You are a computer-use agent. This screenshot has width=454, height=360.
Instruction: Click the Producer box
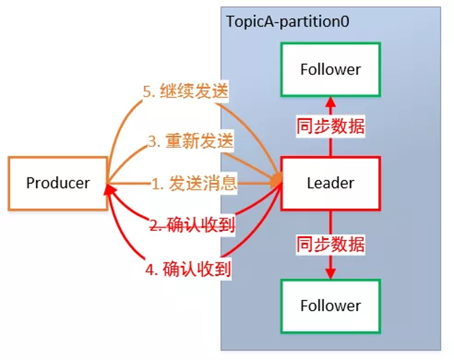[58, 183]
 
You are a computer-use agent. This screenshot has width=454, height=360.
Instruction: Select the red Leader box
[330, 183]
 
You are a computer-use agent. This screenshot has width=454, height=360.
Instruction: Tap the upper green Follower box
[330, 69]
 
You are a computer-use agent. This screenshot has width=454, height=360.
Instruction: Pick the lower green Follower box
[330, 305]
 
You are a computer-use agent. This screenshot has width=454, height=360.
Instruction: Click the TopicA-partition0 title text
[288, 21]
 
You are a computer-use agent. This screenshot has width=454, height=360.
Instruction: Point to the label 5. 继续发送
[185, 91]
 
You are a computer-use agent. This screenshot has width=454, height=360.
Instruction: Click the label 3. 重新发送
[190, 141]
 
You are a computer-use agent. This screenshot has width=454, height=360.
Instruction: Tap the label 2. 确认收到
[192, 225]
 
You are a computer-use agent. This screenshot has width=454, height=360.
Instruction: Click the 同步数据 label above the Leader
[330, 127]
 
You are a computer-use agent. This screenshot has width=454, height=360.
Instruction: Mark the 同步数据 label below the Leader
[330, 245]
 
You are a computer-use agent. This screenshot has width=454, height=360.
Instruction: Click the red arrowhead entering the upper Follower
[330, 101]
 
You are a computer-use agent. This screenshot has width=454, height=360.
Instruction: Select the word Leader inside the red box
[330, 183]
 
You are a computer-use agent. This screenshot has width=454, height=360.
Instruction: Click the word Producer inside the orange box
[58, 183]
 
